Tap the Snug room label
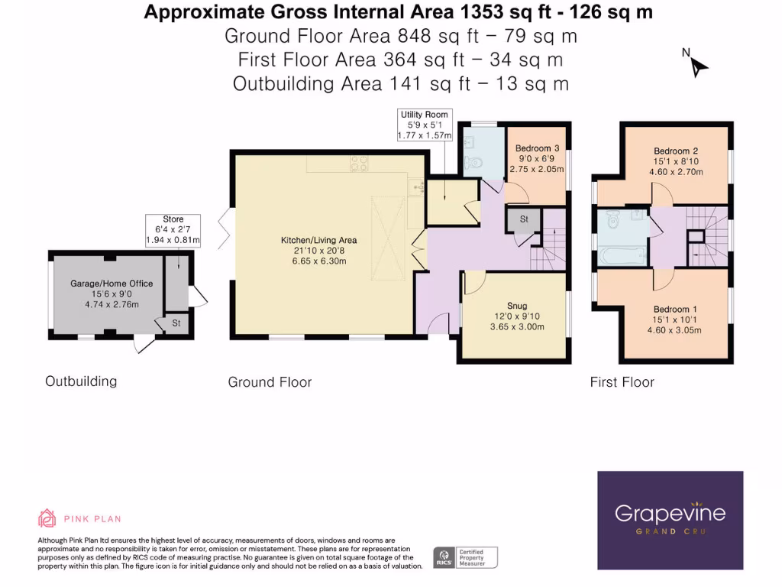click(x=517, y=306)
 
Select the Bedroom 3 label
click(x=537, y=148)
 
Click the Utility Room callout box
click(x=425, y=125)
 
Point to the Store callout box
click(x=173, y=229)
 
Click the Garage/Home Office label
click(x=111, y=284)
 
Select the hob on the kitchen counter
click(x=360, y=164)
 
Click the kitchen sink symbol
click(x=416, y=187)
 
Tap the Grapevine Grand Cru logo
click(x=671, y=520)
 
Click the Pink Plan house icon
click(x=47, y=518)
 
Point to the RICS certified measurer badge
click(x=465, y=557)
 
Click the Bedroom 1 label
click(x=675, y=309)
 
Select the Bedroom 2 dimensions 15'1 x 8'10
click(x=676, y=161)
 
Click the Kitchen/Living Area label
click(x=318, y=240)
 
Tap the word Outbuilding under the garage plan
click(x=81, y=381)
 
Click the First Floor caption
click(x=622, y=382)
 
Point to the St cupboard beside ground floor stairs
click(x=524, y=219)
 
